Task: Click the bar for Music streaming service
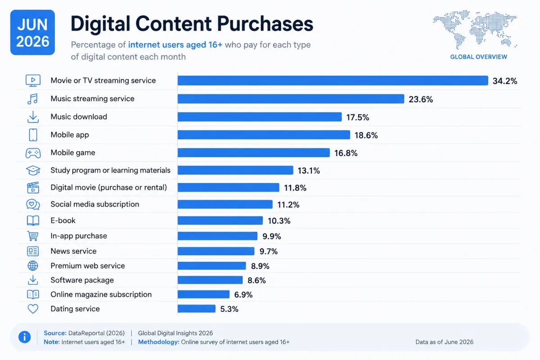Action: coord(291,99)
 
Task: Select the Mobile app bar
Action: coord(264,135)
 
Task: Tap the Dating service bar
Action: coord(197,309)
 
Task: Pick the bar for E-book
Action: coord(220,220)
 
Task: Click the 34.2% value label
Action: coord(505,81)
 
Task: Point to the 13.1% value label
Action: coord(309,171)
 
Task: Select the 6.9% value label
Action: coord(243,295)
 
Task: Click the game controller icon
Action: coord(33,153)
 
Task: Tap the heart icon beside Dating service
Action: coord(33,309)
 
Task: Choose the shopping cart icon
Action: coord(33,236)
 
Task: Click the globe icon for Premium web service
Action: coord(33,265)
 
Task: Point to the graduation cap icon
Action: coord(33,171)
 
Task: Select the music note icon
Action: coord(32,99)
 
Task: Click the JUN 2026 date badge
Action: coord(32,32)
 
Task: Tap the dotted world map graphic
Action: coord(475,29)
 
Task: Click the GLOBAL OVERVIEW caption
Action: coord(478,57)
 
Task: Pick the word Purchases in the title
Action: coord(265,24)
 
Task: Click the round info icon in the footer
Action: coord(25,337)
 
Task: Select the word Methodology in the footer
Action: coord(158,342)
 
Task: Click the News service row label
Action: coord(73,251)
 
